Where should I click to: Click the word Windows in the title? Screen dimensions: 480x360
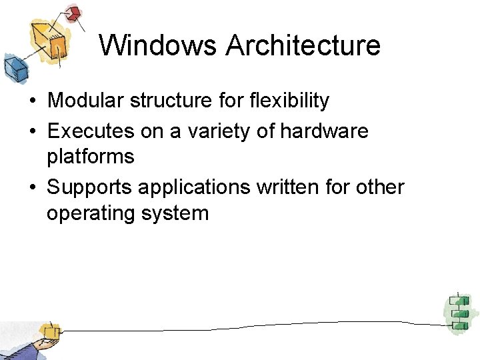click(159, 45)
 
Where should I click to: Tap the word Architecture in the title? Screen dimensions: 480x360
click(303, 45)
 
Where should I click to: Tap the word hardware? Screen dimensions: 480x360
click(324, 131)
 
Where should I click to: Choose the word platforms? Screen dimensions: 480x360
click(91, 157)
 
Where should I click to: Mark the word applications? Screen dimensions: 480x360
click(194, 187)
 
